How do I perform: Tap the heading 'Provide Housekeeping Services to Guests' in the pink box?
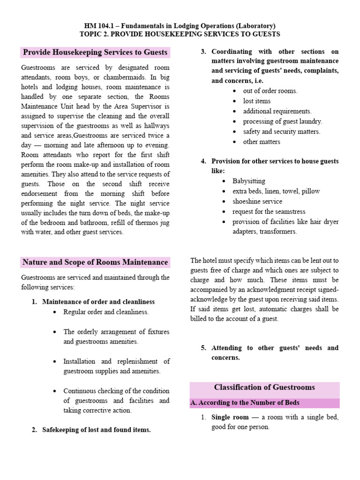click(95, 52)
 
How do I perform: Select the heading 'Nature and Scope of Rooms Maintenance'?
click(95, 262)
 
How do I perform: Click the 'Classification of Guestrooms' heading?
click(264, 387)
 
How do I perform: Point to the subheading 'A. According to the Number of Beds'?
click(244, 403)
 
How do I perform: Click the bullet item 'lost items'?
click(256, 101)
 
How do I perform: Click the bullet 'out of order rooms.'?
click(270, 90)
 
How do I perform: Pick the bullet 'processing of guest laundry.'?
click(282, 121)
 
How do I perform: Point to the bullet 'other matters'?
click(262, 142)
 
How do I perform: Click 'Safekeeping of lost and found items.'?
click(96, 429)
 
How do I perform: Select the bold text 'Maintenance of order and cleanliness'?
click(98, 301)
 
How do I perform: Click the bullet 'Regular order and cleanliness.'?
click(106, 312)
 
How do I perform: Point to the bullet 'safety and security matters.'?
click(281, 132)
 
